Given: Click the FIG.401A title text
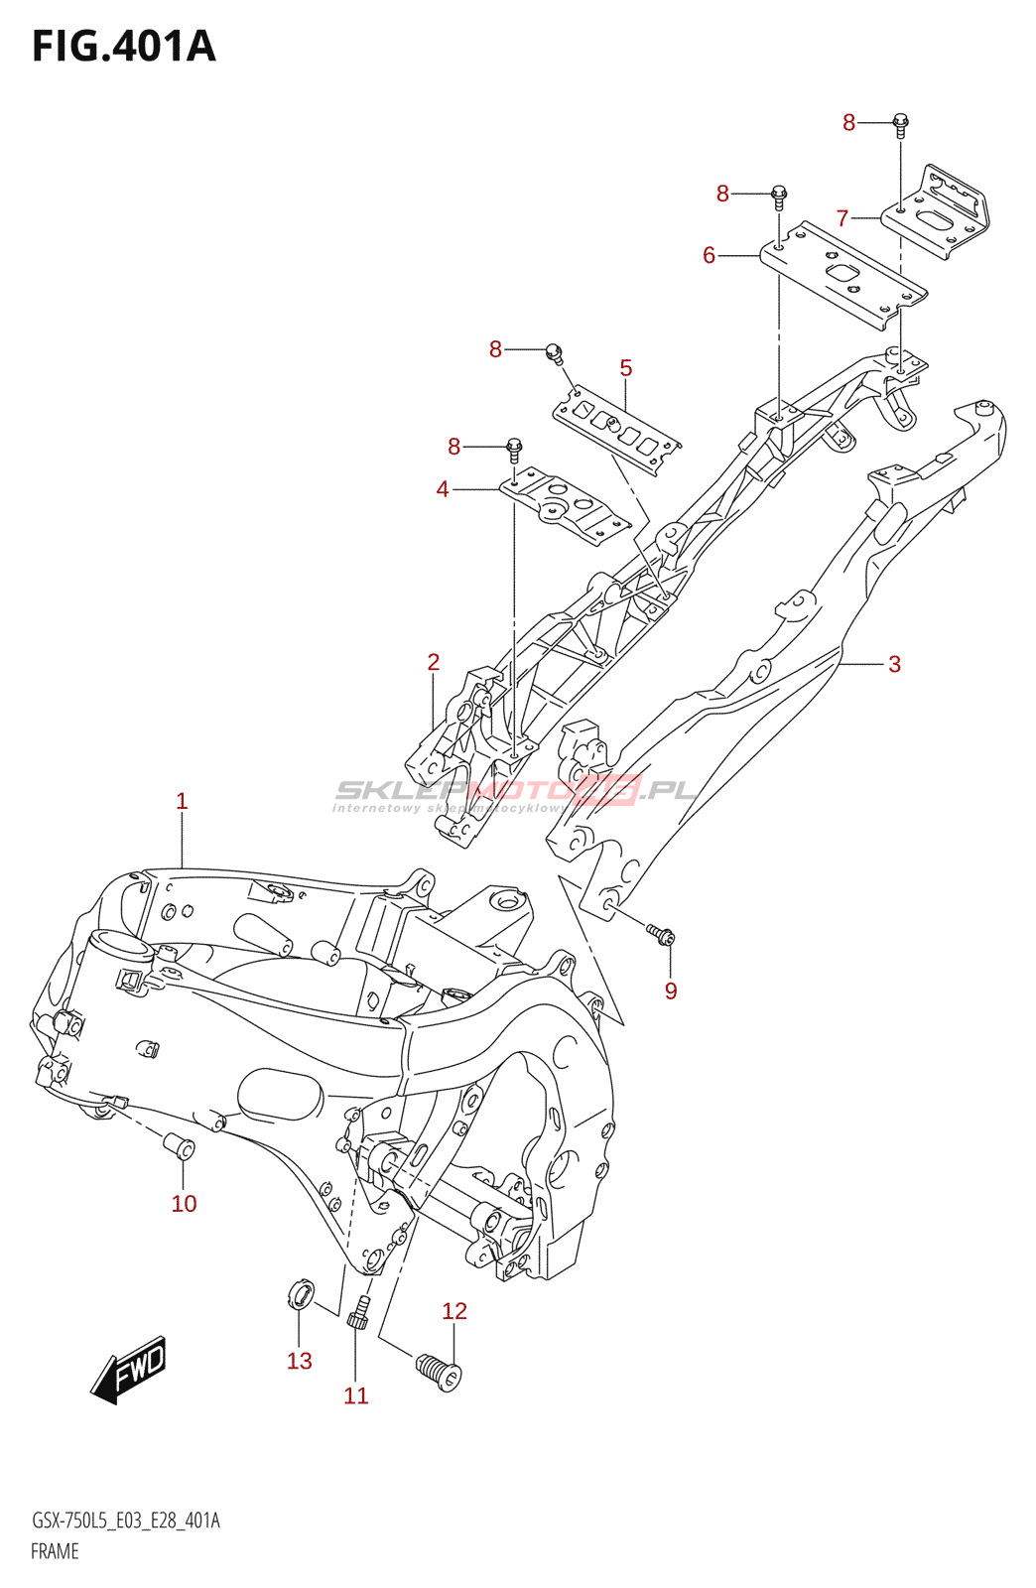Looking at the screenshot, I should (124, 47).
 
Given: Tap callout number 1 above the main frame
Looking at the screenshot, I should (182, 801).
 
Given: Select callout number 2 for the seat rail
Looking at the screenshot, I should (434, 662).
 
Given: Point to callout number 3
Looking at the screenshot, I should (894, 664).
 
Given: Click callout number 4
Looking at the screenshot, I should (443, 489).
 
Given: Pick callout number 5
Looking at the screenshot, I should (626, 368).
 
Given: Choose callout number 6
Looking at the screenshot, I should (709, 256).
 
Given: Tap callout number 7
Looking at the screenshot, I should (842, 218).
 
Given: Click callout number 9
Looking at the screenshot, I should (671, 991).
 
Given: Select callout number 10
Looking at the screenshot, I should (185, 1204).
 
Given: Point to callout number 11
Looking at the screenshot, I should (355, 1395).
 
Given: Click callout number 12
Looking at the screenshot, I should (454, 1311).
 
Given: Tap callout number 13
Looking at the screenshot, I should (300, 1361).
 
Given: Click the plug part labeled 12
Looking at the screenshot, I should (440, 1373).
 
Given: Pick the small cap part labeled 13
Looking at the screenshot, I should (300, 1294).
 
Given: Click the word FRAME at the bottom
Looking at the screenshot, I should (55, 1551).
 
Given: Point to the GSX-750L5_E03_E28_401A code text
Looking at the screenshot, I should (126, 1521).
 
